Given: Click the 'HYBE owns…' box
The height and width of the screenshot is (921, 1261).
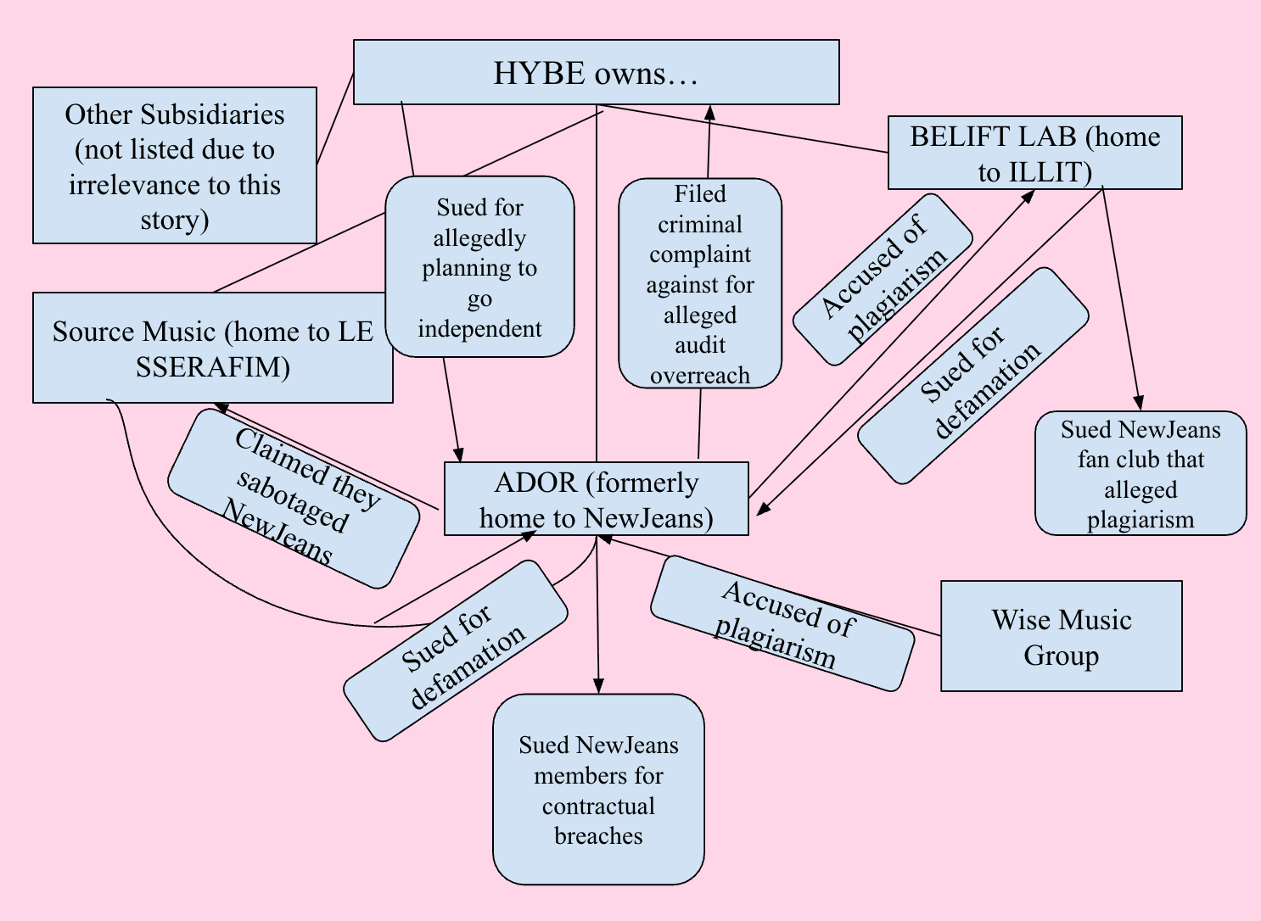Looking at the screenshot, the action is click(x=597, y=72).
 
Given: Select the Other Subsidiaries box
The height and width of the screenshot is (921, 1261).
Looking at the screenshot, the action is click(x=175, y=165).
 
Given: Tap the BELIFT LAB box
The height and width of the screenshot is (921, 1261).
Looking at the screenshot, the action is click(x=1034, y=153).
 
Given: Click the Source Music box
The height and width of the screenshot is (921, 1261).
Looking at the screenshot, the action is click(x=213, y=347).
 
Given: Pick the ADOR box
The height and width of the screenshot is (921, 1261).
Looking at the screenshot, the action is click(x=597, y=499).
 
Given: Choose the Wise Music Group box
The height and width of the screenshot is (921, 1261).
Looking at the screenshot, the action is click(x=1061, y=636).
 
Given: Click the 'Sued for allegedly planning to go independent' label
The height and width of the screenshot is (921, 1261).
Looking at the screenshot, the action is click(x=479, y=266).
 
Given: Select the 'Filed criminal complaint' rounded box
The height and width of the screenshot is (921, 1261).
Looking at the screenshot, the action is click(x=700, y=283).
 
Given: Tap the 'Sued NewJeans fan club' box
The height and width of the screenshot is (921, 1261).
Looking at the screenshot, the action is click(x=1141, y=473).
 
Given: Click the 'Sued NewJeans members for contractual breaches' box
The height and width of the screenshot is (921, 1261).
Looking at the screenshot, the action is click(x=598, y=790).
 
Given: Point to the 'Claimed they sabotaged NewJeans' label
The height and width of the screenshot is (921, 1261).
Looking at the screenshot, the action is click(x=294, y=499).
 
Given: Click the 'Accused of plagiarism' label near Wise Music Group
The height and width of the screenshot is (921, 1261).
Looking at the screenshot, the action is click(x=782, y=623).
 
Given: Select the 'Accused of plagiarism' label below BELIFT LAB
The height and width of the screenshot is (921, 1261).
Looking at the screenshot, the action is click(x=883, y=280).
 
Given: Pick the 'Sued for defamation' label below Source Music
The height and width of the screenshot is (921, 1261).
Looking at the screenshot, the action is click(x=456, y=651).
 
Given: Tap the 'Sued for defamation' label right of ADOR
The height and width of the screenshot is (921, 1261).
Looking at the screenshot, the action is click(x=972, y=376).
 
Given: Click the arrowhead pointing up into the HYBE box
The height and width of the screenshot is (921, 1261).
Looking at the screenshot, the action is click(x=710, y=112).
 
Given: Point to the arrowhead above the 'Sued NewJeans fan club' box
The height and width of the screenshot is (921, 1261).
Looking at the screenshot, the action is click(x=1138, y=403).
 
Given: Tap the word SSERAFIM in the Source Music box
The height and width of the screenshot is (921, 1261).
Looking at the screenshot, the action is click(x=213, y=367).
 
